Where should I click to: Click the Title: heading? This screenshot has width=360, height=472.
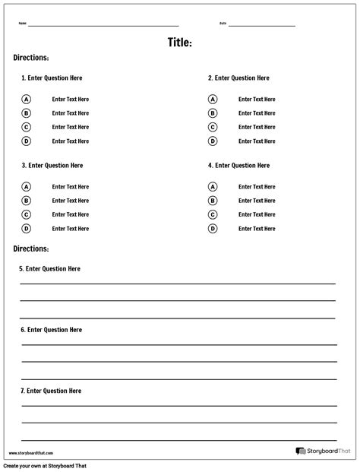180,43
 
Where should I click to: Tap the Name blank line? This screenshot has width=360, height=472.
103,25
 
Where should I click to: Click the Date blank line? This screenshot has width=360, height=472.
261,25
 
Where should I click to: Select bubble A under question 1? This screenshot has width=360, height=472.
26,100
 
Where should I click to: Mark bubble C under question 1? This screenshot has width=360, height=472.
26,128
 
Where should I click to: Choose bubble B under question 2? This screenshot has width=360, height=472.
213,113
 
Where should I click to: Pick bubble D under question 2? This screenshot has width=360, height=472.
213,141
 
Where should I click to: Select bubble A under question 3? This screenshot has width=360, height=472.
26,187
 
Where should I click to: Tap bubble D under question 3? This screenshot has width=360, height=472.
26,229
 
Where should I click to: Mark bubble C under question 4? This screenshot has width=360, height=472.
213,215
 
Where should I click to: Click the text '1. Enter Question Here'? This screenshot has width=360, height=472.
52,78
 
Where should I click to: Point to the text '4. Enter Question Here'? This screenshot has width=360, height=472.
238,166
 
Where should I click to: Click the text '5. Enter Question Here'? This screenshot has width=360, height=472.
49,269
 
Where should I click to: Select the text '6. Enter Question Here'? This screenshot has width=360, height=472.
51,330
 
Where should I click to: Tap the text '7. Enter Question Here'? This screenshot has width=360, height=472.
51,391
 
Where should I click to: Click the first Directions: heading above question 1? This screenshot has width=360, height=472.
31,58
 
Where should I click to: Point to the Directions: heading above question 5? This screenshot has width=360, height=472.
31,249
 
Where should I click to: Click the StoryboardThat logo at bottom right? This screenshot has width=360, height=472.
324,451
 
